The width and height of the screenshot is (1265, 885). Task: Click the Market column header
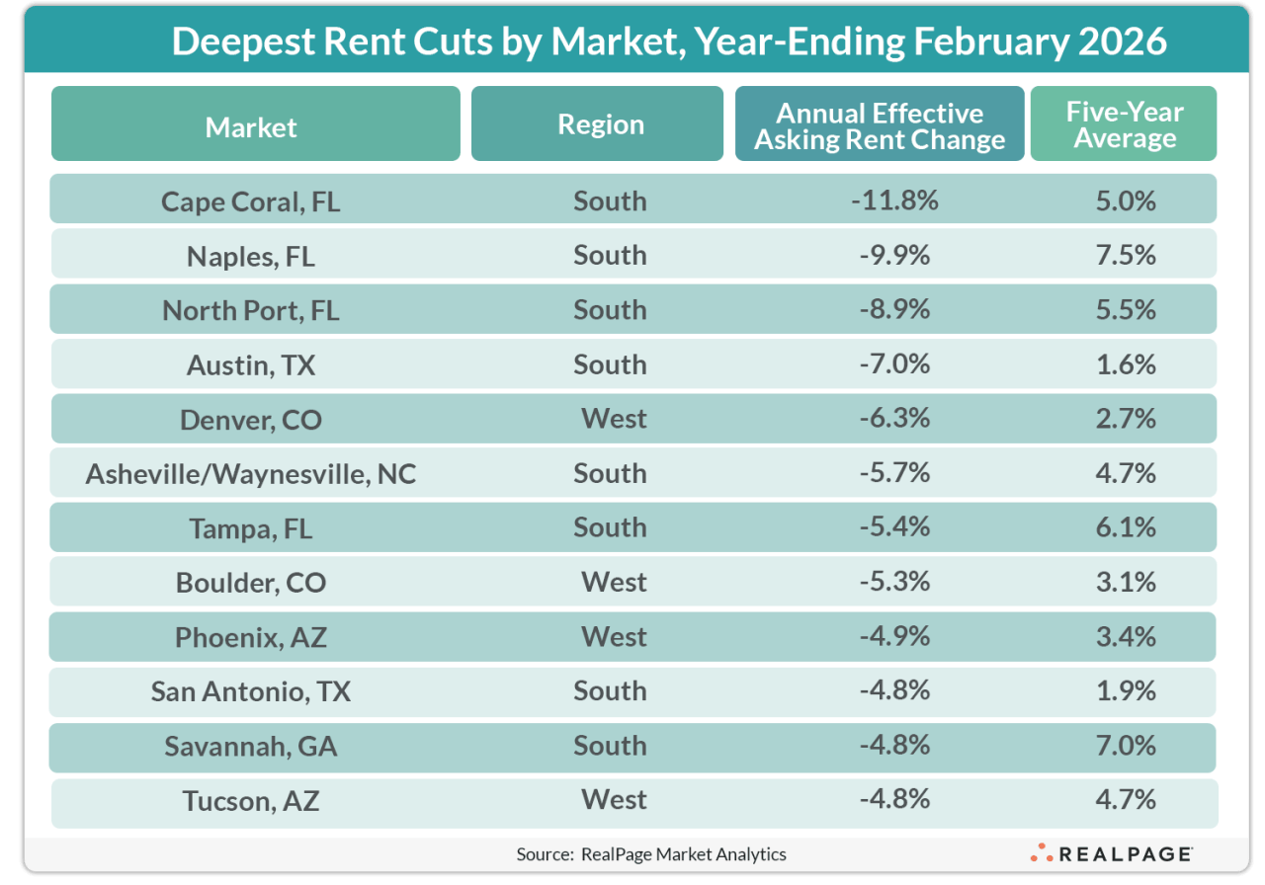point(252,126)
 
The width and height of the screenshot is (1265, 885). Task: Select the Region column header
point(600,124)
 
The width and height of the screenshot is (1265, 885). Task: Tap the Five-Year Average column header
point(1125,124)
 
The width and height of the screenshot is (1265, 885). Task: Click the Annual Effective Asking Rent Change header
point(879,126)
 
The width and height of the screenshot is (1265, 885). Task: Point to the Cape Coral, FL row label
point(251,201)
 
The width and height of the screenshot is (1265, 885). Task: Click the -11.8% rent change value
point(892,201)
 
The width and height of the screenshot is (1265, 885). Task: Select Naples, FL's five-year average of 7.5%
point(1125,255)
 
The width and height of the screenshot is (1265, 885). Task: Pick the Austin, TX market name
point(251,364)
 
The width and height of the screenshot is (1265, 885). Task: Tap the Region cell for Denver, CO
point(614,419)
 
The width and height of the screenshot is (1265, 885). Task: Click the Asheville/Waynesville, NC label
point(251,474)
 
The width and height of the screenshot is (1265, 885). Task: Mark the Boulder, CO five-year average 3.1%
point(1125,582)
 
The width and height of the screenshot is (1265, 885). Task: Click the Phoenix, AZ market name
point(251,637)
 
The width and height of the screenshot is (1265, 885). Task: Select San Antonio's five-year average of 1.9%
point(1125,690)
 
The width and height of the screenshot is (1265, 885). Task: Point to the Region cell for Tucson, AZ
point(614,799)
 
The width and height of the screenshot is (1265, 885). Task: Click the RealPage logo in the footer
point(1111,853)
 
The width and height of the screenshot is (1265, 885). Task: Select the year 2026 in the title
point(1120,41)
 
